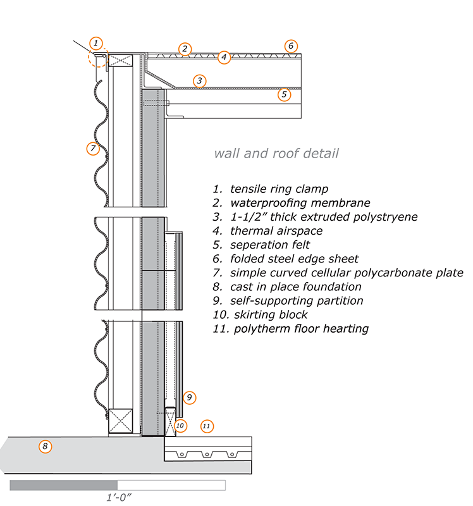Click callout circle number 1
(x=95, y=43)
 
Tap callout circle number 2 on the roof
(x=184, y=49)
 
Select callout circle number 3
(x=199, y=81)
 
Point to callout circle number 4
(x=223, y=58)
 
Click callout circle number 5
(x=284, y=94)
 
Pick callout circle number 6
(x=290, y=46)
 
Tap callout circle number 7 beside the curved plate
(x=93, y=149)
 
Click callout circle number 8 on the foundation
(x=44, y=447)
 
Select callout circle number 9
(x=188, y=398)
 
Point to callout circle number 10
(x=180, y=426)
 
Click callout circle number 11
(x=206, y=426)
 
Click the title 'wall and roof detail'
(x=276, y=153)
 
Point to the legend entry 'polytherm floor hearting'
(x=291, y=328)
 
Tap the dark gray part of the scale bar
(x=63, y=485)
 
